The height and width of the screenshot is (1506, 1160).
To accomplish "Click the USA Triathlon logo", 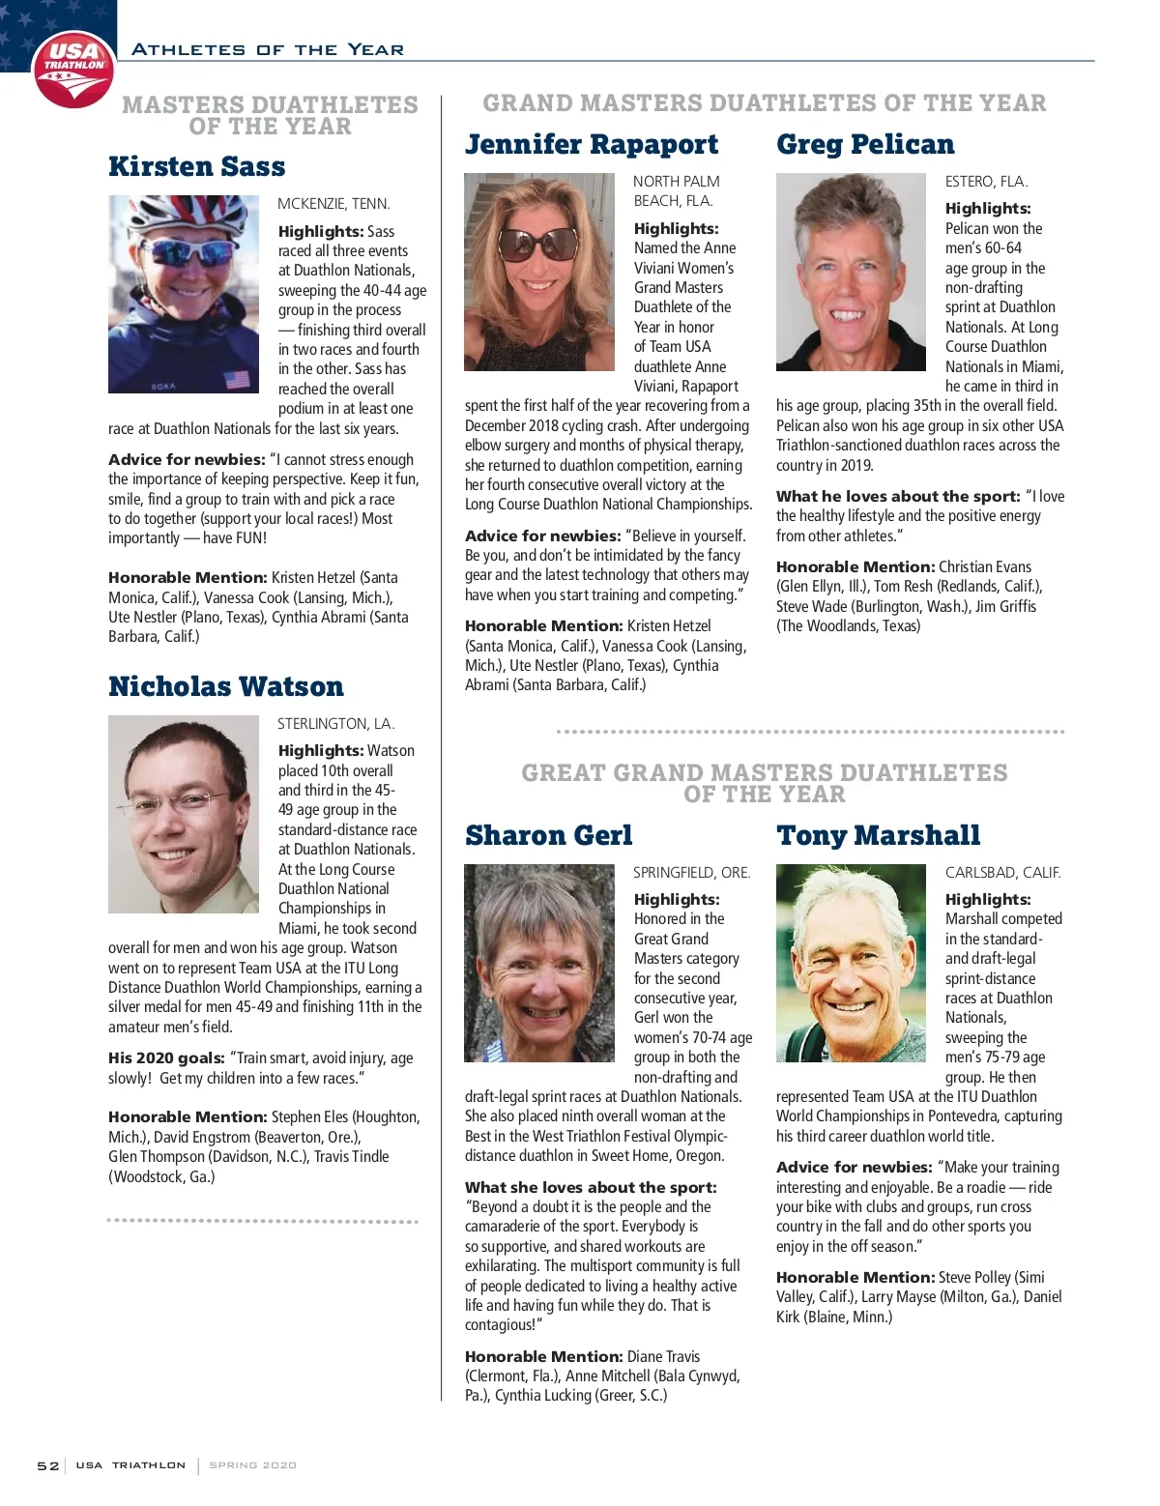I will point(73,69).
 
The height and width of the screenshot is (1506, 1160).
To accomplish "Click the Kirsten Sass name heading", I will point(197,166).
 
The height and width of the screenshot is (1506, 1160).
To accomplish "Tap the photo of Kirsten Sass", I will point(184,294).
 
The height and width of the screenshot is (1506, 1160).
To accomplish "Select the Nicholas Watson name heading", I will point(226,686).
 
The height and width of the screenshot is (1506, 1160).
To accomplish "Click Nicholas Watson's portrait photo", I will point(184,814).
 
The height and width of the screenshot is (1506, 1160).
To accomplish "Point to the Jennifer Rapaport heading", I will point(592,144).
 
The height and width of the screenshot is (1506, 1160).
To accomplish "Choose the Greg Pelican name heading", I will point(865,144).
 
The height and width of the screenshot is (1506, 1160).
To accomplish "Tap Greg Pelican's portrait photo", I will point(851,272).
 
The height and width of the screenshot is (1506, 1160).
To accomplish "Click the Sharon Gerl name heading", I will point(548,835).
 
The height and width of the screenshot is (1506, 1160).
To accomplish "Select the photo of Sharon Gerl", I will point(539,963).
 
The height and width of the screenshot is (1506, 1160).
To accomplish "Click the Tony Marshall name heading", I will point(878,835).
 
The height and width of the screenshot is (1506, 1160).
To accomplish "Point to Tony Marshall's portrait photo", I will point(851,963).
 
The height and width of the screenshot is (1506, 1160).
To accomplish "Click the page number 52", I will point(48,1465).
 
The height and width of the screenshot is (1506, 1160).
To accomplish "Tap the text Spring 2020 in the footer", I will point(253,1465).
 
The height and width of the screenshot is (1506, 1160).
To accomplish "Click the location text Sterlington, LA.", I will point(336,724).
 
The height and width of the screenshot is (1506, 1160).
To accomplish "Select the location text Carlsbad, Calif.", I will point(1002,873).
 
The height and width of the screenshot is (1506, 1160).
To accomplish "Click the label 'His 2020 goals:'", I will point(166,1058).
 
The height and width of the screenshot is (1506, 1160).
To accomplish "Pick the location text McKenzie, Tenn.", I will point(333,204).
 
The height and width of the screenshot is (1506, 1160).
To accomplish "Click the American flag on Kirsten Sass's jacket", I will point(237,379).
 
